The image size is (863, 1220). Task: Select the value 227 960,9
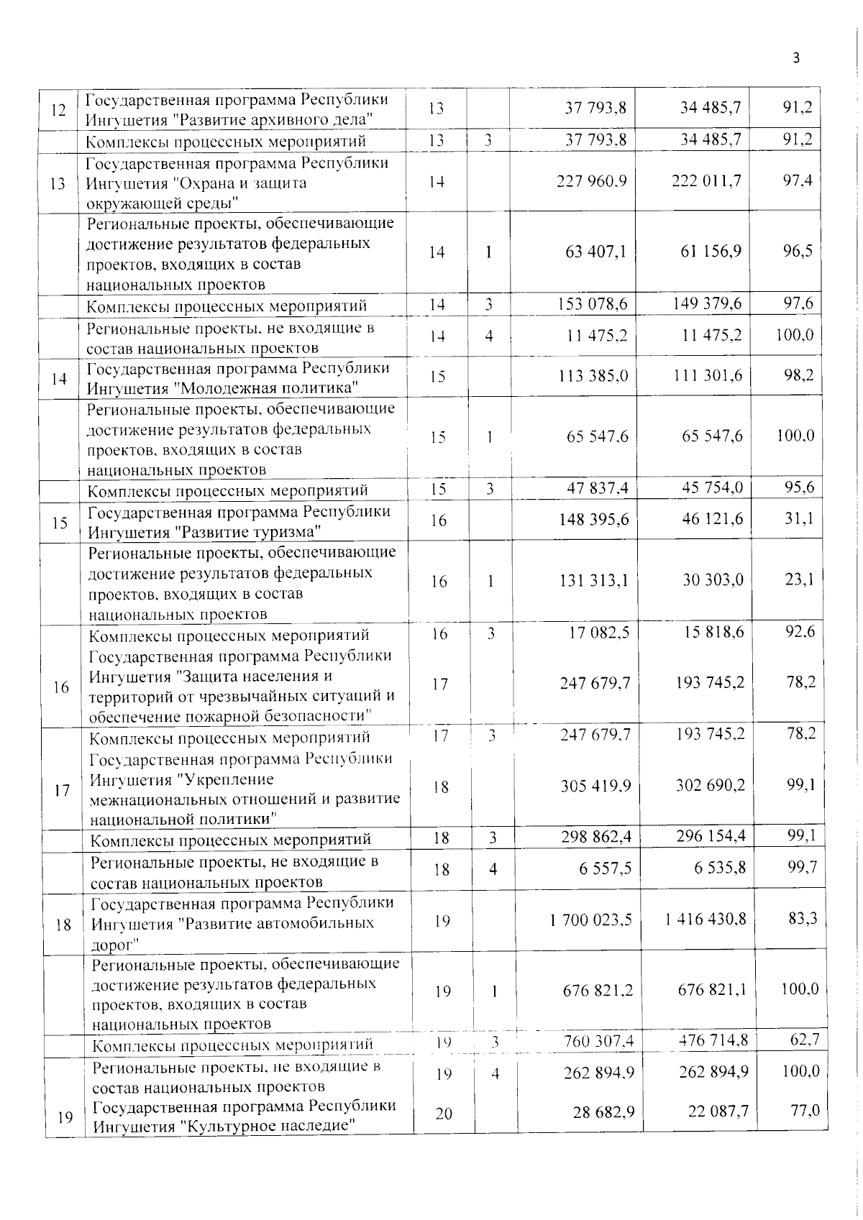(x=592, y=182)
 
